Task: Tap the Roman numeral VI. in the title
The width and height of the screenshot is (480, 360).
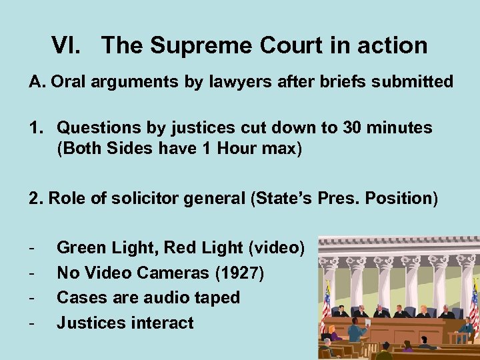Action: tap(70, 45)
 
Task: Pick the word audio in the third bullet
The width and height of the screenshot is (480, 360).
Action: tap(159, 297)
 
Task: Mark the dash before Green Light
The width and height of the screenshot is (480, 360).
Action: tap(33, 248)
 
